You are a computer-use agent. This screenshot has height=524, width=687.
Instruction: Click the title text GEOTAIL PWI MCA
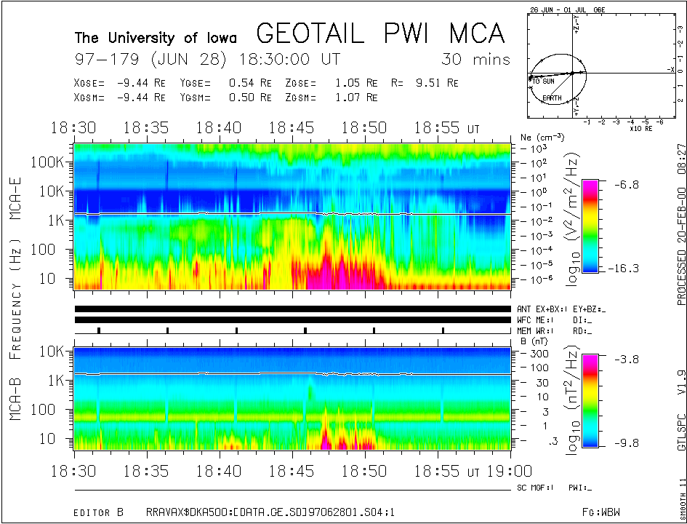coord(380,33)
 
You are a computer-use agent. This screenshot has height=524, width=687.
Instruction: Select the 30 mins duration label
coord(475,59)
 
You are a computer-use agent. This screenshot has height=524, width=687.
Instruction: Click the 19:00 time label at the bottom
coord(496,470)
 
